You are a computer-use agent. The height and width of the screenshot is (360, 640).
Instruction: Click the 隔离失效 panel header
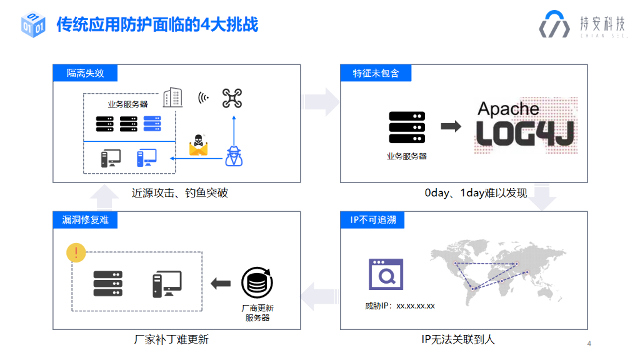pos(85,73)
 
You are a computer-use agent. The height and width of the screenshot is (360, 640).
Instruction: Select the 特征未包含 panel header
pos(376,73)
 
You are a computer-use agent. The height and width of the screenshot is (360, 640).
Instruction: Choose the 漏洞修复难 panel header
pos(85,220)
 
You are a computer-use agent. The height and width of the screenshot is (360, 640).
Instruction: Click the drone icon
pos(232,98)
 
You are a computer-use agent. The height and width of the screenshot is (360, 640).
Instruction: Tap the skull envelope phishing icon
pos(198,145)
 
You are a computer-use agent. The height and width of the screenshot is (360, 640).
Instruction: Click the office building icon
pos(172,97)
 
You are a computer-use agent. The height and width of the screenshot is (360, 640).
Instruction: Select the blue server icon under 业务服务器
pos(152,124)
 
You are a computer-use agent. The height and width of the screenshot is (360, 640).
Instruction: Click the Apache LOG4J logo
pos(524,126)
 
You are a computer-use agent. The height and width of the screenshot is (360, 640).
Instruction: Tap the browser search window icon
pos(386,274)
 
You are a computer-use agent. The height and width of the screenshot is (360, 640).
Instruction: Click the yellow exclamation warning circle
pos(76,252)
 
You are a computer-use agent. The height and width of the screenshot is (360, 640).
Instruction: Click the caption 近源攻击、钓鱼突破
pos(179,193)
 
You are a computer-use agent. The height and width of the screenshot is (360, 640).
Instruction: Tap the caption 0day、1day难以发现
pos(476,193)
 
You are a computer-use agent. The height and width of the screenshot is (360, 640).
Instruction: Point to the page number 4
pos(589,344)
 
